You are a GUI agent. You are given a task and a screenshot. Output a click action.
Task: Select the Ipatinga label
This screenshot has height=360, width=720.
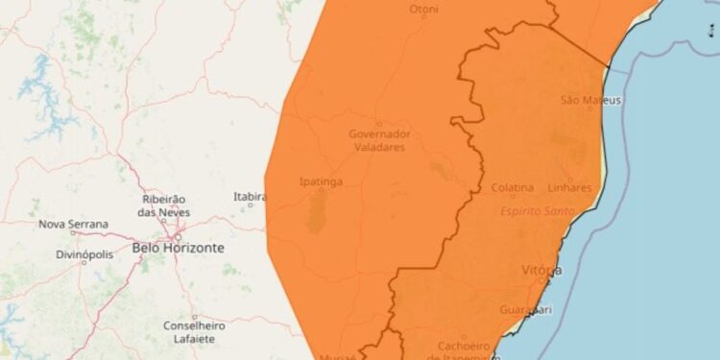coord(322,180)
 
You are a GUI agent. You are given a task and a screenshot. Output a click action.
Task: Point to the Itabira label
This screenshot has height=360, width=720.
coord(250,196)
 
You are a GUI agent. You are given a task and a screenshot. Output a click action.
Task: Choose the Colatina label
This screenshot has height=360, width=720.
coord(513,187)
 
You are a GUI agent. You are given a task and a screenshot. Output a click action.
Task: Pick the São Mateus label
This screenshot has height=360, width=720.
coord(590,101)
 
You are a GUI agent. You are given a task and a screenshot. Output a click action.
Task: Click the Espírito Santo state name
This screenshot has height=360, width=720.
coord(538,210)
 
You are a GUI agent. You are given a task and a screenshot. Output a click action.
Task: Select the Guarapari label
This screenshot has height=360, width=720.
coord(525,309)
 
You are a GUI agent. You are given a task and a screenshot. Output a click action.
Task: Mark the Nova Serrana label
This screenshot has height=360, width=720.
coord(73,225)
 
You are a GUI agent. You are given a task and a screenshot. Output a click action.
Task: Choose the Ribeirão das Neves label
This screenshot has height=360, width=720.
coord(164,205)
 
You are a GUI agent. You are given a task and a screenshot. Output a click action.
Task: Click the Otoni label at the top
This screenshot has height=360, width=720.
coord(423,10)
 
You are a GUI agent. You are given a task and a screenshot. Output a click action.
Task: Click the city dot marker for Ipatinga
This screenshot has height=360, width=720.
coord(321,190)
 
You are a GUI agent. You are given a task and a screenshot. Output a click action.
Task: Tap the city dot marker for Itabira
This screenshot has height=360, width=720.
coord(251,204)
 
